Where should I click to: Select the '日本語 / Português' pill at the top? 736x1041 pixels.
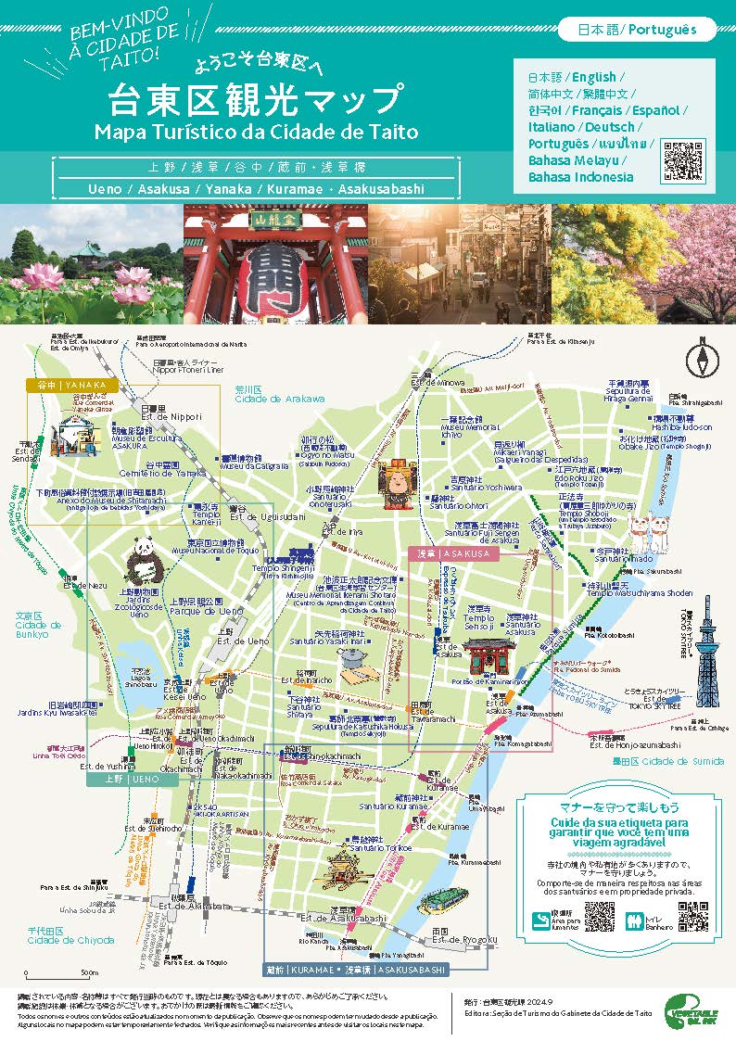pos(637,30)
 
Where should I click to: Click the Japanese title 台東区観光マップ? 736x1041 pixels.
pos(257,99)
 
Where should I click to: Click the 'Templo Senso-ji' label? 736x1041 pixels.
pos(479,622)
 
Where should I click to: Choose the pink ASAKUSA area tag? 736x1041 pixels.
pos(453,553)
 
